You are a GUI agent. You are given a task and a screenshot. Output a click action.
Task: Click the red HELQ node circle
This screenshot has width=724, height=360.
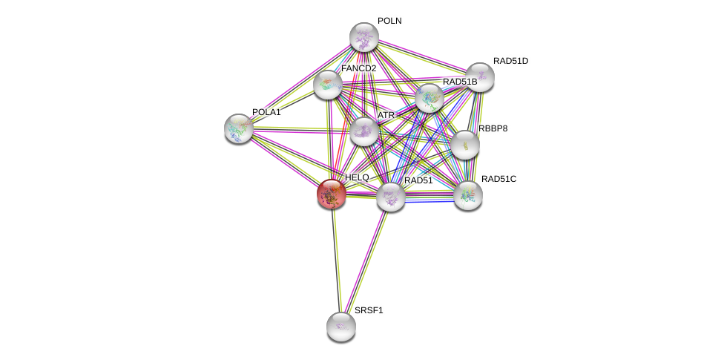pyautogui.click(x=331, y=194)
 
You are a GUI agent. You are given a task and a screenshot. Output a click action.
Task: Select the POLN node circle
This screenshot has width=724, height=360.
pyautogui.click(x=364, y=37)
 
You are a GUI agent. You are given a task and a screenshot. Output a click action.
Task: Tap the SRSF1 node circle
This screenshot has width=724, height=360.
pyautogui.click(x=341, y=326)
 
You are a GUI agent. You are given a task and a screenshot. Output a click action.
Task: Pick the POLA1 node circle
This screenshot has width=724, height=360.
pyautogui.click(x=239, y=128)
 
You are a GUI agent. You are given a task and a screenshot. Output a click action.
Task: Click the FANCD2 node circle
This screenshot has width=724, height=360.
pyautogui.click(x=327, y=85)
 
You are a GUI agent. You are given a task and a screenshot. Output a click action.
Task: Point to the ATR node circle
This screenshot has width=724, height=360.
pyautogui.click(x=364, y=131)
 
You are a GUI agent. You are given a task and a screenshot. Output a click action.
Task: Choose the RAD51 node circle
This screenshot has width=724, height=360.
pyautogui.click(x=391, y=197)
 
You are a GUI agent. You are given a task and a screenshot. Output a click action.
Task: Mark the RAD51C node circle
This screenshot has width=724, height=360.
pyautogui.click(x=468, y=195)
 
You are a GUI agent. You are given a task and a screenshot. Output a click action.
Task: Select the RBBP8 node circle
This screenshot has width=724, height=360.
pyautogui.click(x=465, y=145)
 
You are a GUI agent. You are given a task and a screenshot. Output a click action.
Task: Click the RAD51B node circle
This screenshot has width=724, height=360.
pyautogui.click(x=430, y=98)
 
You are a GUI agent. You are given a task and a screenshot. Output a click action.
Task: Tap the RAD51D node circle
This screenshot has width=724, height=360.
pyautogui.click(x=480, y=77)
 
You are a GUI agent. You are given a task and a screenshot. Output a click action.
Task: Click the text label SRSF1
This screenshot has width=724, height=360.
pyautogui.click(x=369, y=310)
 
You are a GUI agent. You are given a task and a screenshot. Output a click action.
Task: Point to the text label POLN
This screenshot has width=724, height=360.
pyautogui.click(x=389, y=21)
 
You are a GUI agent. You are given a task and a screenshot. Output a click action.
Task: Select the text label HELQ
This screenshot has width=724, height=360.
pyautogui.click(x=357, y=177)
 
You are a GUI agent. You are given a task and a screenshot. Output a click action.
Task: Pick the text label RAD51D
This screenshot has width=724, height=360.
pyautogui.click(x=510, y=61)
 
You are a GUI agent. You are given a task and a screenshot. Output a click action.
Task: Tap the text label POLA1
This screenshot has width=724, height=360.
pyautogui.click(x=266, y=112)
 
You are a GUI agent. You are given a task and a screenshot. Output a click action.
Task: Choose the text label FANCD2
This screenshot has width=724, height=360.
pyautogui.click(x=358, y=68)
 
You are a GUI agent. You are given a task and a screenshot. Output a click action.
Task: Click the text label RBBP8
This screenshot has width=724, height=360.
pyautogui.click(x=493, y=128)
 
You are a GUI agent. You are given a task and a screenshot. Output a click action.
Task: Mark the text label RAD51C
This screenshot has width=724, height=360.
pyautogui.click(x=498, y=179)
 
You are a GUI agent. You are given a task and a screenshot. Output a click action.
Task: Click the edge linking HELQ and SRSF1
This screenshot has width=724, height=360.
pyautogui.click(x=336, y=260)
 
